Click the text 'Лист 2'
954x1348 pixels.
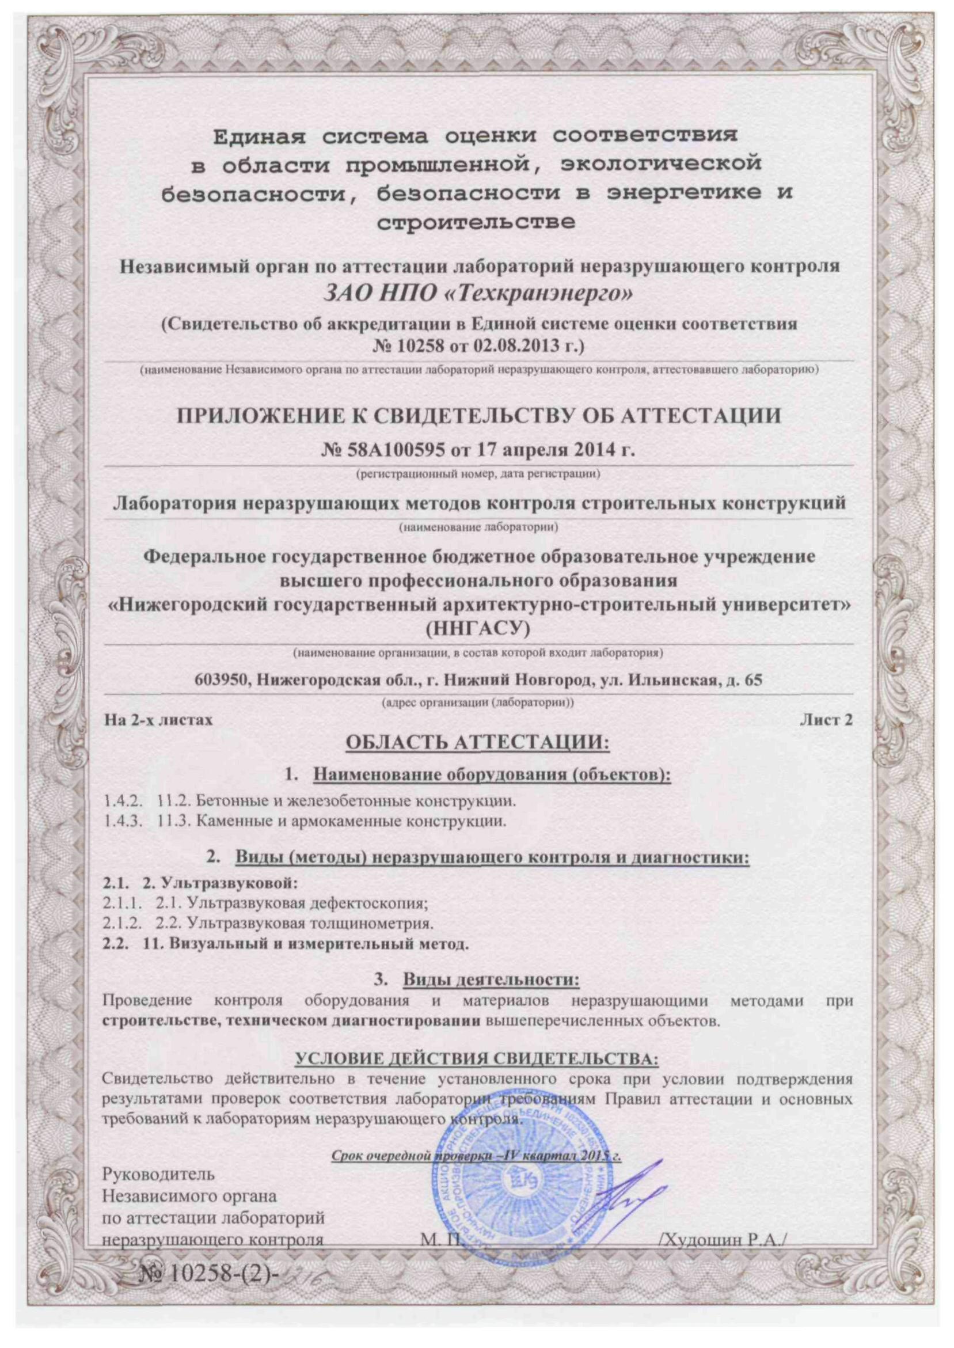pyautogui.click(x=826, y=720)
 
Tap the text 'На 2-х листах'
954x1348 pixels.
pyautogui.click(x=158, y=720)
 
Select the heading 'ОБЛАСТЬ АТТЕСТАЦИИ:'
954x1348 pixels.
pyautogui.click(x=477, y=743)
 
